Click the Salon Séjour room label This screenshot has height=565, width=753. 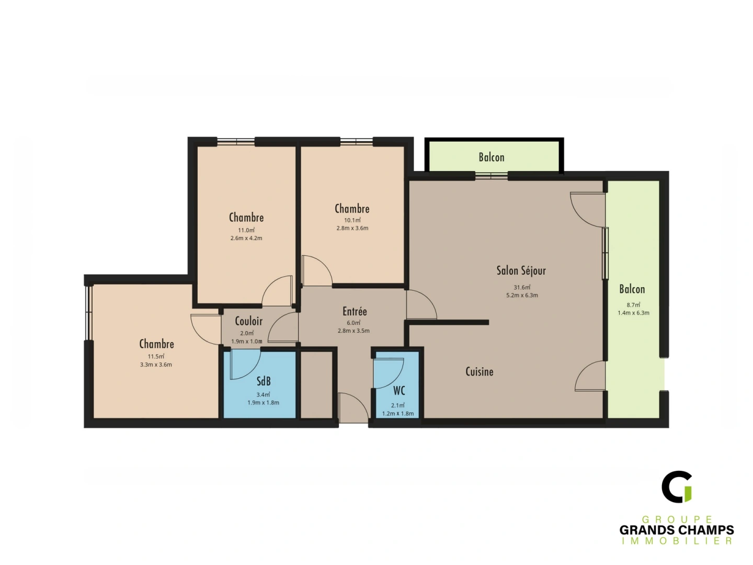pyautogui.click(x=521, y=270)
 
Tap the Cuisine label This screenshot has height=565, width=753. pyautogui.click(x=479, y=371)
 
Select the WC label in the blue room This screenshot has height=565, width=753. pyautogui.click(x=399, y=390)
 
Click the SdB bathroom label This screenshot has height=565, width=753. pyautogui.click(x=264, y=381)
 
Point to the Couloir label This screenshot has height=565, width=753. pyautogui.click(x=248, y=321)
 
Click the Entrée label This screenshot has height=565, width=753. pyautogui.click(x=355, y=311)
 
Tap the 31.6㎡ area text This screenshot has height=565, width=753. pyautogui.click(x=522, y=287)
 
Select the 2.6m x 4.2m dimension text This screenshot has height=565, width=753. pyautogui.click(x=246, y=238)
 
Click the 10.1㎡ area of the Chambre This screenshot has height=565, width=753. pyautogui.click(x=352, y=220)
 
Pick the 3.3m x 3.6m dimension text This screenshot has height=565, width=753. pyautogui.click(x=156, y=365)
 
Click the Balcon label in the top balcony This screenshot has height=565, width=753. pyautogui.click(x=492, y=157)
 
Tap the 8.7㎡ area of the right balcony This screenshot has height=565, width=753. pyautogui.click(x=633, y=304)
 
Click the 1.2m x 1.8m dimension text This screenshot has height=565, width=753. pyautogui.click(x=398, y=413)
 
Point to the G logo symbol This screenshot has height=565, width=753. pyautogui.click(x=677, y=487)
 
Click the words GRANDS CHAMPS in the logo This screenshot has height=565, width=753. pyautogui.click(x=677, y=530)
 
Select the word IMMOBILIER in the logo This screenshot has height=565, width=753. pyautogui.click(x=677, y=541)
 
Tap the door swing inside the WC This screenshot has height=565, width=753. pyautogui.click(x=388, y=372)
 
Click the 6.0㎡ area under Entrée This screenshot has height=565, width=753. pyautogui.click(x=353, y=323)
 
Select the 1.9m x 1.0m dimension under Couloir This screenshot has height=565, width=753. pyautogui.click(x=247, y=342)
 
